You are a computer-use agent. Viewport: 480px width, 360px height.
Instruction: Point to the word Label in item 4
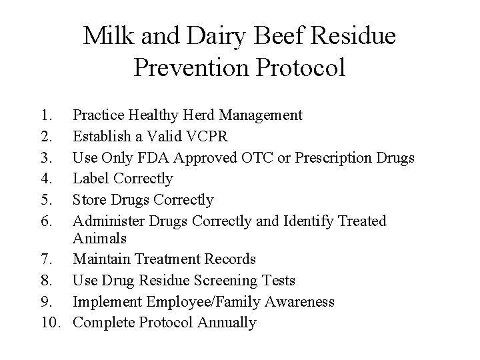(91, 179)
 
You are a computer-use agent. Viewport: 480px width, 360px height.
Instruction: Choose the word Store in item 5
(90, 199)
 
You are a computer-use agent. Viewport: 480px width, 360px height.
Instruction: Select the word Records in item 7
(230, 259)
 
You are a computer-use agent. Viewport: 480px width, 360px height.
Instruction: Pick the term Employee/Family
(203, 301)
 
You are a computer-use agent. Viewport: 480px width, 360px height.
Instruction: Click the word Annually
(227, 323)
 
